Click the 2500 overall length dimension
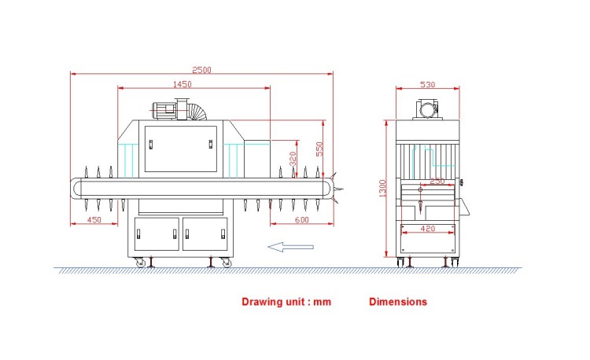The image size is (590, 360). (x=201, y=70)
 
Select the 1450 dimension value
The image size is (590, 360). (x=183, y=84)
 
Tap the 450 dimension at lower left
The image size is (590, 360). (x=94, y=219)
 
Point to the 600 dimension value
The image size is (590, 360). (x=302, y=219)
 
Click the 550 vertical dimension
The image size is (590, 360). (x=319, y=149)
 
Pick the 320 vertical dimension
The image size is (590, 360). (x=293, y=159)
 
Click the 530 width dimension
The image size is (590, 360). (x=427, y=85)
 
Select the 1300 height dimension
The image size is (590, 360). (x=382, y=189)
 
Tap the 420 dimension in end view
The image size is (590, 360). (x=428, y=229)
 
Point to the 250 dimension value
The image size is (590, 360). (x=437, y=181)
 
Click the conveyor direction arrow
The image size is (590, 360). (x=290, y=247)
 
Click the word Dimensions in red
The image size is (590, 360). (x=398, y=302)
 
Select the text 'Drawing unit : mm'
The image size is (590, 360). (x=286, y=302)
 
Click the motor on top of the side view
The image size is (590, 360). (x=164, y=111)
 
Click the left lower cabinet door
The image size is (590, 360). (x=157, y=233)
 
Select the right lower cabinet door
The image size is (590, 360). (x=205, y=233)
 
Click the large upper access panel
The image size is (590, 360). (x=181, y=149)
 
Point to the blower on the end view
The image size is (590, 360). (x=427, y=109)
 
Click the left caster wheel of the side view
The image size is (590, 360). (x=140, y=263)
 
